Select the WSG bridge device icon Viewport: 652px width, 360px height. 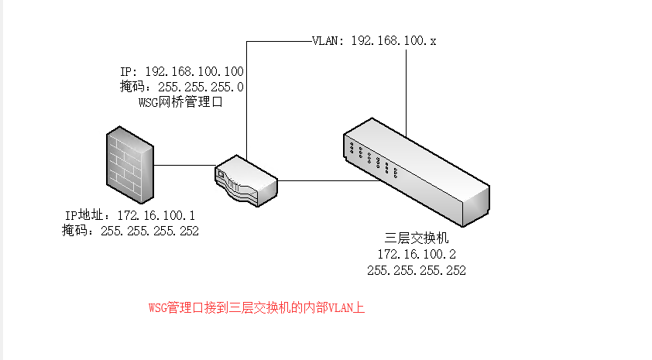[x=245, y=182]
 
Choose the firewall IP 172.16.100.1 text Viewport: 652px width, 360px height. [x=130, y=215]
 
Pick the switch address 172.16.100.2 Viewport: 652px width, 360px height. [x=416, y=254]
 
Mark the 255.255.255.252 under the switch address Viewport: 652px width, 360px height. [x=416, y=270]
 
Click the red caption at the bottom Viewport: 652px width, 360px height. [x=256, y=307]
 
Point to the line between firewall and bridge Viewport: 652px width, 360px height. [x=184, y=165]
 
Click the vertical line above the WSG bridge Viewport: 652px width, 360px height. [x=246, y=101]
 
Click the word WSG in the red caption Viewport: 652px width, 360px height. [x=157, y=307]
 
